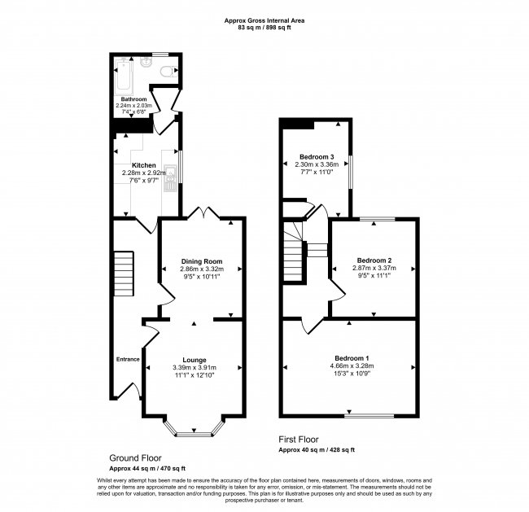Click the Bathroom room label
[x=133, y=99]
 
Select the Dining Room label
[x=201, y=261]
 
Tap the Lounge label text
[x=194, y=360]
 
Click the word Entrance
[x=128, y=359]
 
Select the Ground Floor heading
[x=135, y=458]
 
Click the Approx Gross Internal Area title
[x=264, y=21]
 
